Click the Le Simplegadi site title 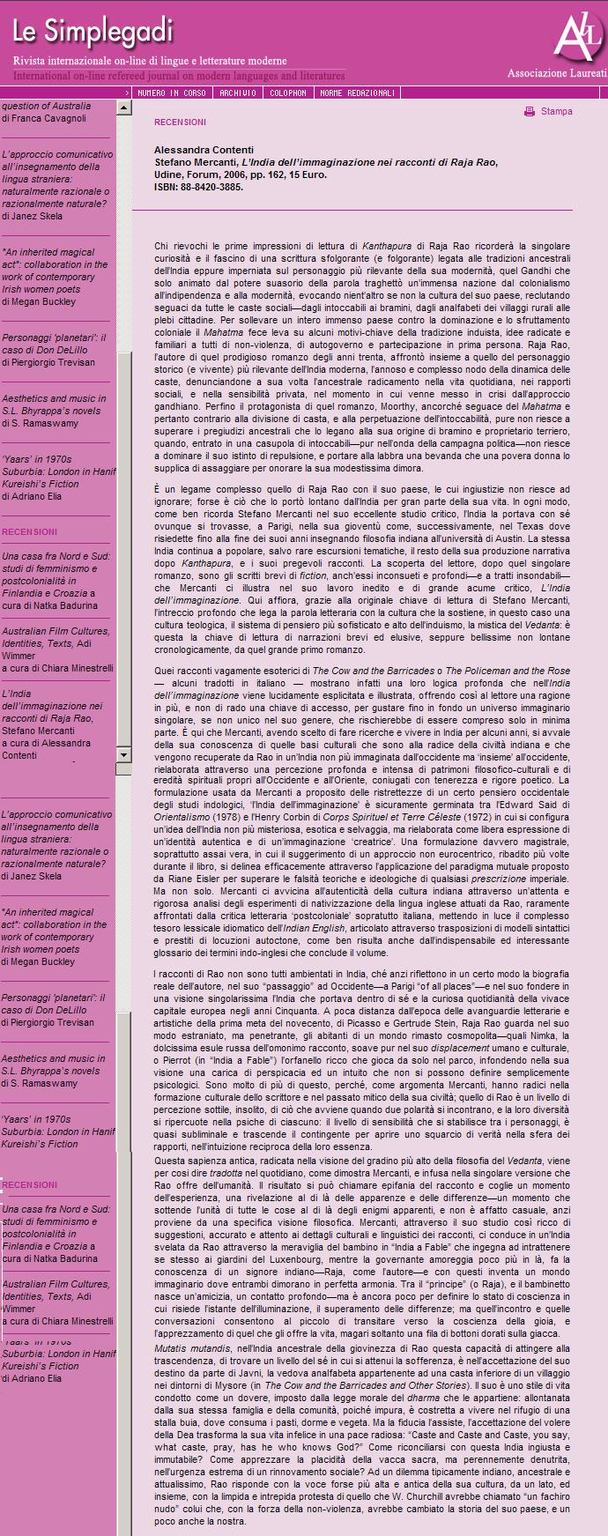coord(93,33)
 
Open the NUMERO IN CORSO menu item coord(171,93)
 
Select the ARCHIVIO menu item coord(238,93)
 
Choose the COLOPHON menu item coord(288,93)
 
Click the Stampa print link coord(556,112)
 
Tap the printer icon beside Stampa coord(530,112)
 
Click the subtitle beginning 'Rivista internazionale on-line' coord(149,62)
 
